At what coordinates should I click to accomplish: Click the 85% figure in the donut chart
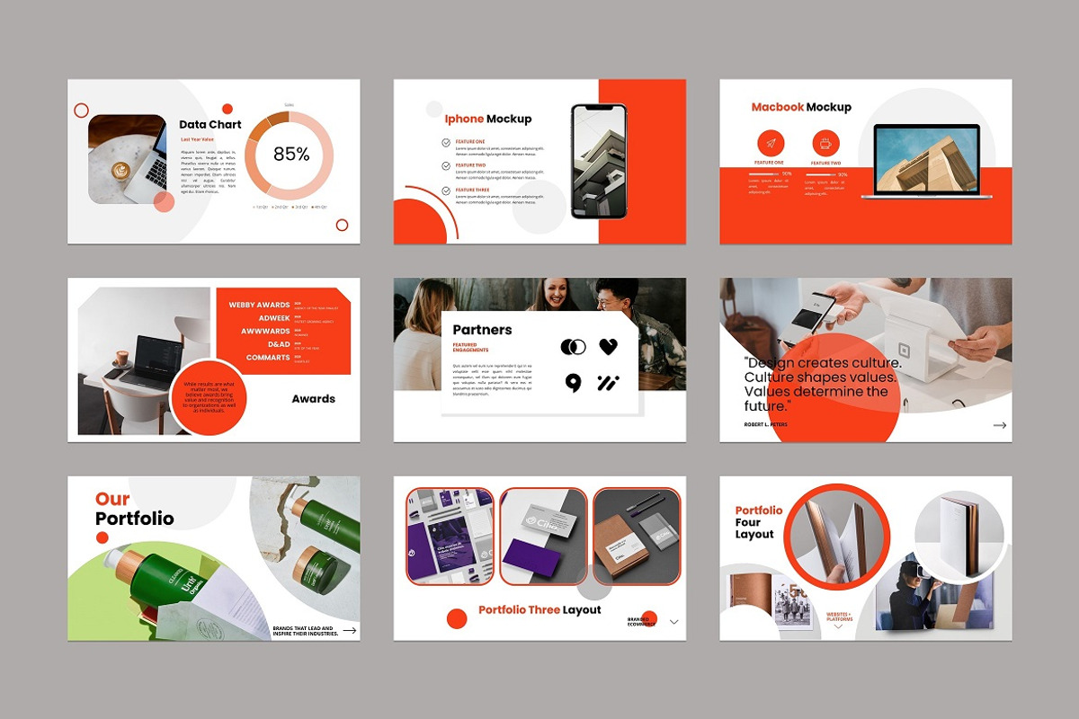[x=291, y=155]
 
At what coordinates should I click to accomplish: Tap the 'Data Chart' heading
[x=210, y=125]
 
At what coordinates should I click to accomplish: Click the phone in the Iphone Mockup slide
[x=599, y=161]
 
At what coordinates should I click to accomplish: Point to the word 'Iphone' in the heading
[x=464, y=119]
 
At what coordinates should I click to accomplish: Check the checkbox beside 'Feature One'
[x=447, y=142]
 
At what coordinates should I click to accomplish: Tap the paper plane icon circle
[x=770, y=143]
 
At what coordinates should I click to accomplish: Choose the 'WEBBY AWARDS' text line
[x=259, y=306]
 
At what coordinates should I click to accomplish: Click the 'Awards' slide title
[x=313, y=399]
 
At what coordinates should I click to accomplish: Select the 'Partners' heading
[x=482, y=330]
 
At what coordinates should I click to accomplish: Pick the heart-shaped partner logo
[x=609, y=347]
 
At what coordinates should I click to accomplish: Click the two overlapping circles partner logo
[x=573, y=347]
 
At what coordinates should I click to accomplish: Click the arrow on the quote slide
[x=999, y=425]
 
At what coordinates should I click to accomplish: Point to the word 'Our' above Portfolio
[x=112, y=499]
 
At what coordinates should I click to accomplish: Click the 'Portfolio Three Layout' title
[x=539, y=610]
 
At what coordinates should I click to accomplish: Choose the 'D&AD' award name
[x=279, y=344]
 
